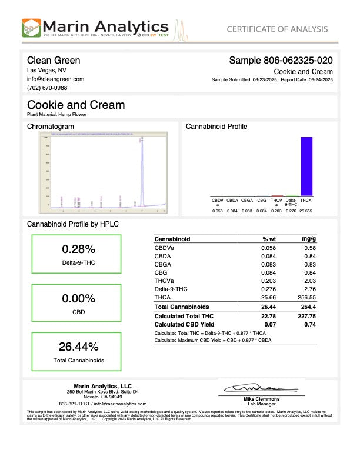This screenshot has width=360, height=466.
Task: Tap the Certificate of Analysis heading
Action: click(x=277, y=29)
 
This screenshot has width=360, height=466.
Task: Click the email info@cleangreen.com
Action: click(x=55, y=79)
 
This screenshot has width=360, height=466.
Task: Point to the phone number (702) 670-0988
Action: click(x=47, y=88)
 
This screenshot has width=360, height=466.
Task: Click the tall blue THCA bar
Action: click(x=306, y=166)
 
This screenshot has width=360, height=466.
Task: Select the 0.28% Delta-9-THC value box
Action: click(x=78, y=254)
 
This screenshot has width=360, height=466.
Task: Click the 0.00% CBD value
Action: click(x=78, y=298)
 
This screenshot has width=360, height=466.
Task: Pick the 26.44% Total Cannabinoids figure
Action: click(x=78, y=346)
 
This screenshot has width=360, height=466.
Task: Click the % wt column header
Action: click(x=269, y=239)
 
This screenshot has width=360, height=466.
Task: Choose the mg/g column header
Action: click(x=309, y=239)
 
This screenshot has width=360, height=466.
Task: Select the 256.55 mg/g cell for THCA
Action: click(x=307, y=298)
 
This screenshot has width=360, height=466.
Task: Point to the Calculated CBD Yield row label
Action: click(x=182, y=324)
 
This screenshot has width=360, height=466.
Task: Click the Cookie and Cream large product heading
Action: click(x=76, y=105)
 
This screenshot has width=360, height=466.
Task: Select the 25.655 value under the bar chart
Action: click(x=306, y=210)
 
